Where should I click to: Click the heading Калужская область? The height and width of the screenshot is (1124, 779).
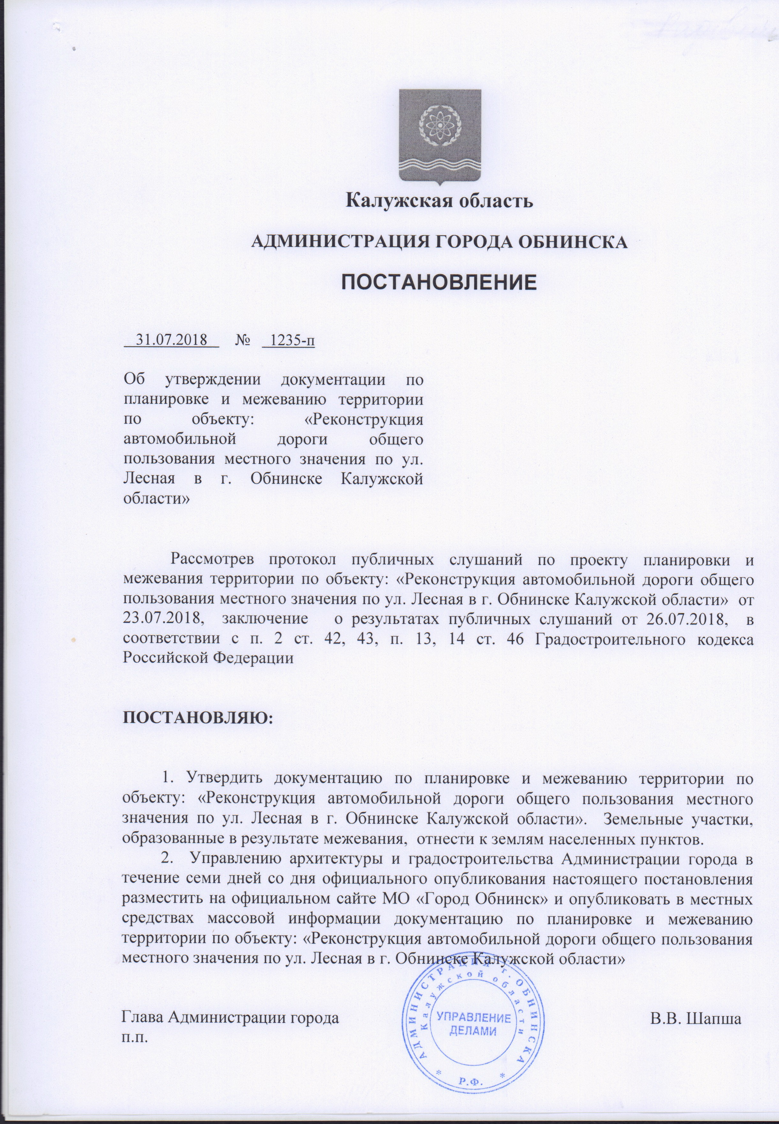pos(439,201)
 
